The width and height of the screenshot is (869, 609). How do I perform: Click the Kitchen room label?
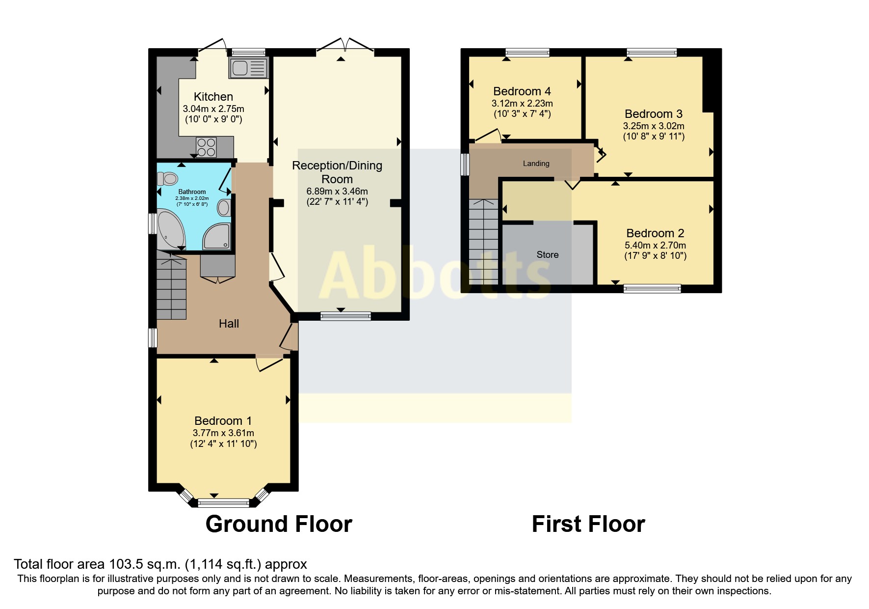point(213,97)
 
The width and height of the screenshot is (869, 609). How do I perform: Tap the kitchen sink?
point(248,68)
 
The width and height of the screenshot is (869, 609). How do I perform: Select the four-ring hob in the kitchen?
point(206,147)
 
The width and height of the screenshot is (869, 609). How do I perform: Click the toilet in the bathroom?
point(168,178)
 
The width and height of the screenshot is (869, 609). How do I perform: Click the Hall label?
point(229,324)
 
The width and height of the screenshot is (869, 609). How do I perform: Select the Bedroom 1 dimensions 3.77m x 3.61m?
point(223,433)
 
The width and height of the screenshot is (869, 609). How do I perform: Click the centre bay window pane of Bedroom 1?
point(223,502)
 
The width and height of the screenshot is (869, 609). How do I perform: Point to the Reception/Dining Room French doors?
point(345,46)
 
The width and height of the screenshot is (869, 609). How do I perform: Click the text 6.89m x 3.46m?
point(337,191)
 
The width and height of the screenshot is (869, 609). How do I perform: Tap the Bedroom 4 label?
point(522,91)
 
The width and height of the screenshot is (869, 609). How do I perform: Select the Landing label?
point(536,164)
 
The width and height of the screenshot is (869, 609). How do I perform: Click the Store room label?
point(547,255)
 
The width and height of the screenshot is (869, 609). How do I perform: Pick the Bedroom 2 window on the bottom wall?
point(652,289)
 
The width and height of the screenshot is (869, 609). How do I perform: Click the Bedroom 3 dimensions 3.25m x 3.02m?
point(654,126)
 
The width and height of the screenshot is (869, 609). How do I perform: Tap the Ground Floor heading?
point(279,524)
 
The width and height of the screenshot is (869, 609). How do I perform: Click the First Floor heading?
point(588,524)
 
